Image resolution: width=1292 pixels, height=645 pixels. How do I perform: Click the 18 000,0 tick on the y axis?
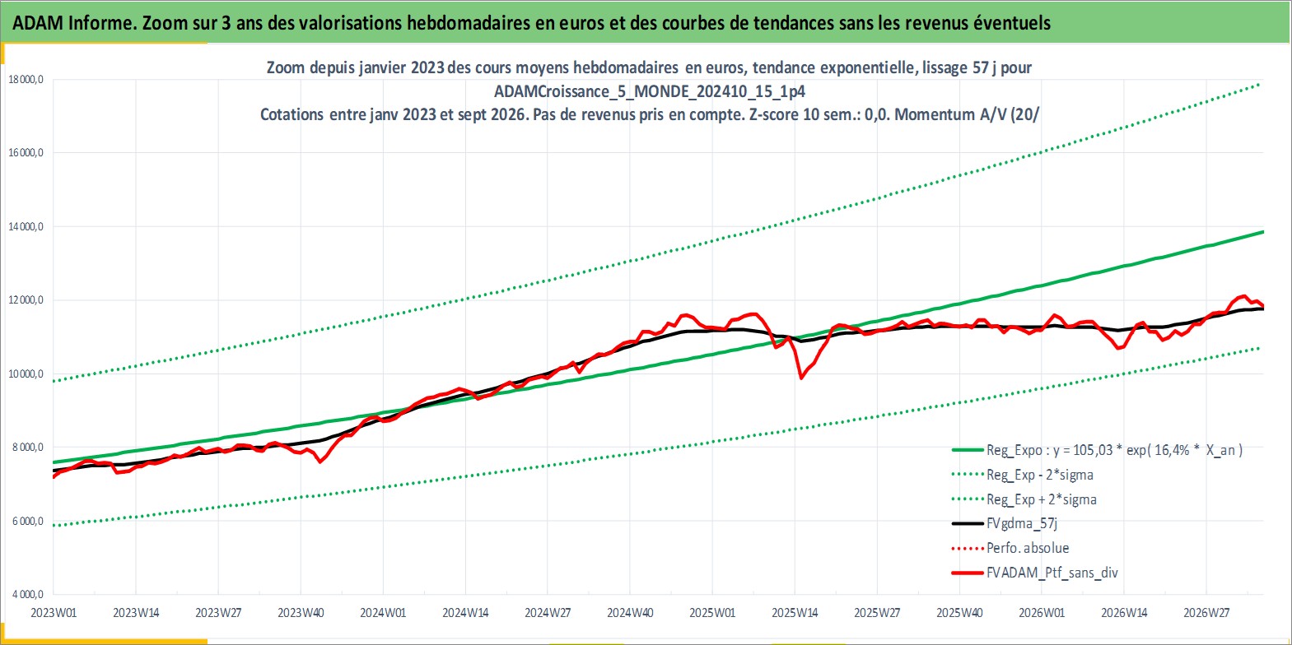coord(26,80)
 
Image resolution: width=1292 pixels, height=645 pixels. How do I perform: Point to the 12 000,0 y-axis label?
coord(26,300)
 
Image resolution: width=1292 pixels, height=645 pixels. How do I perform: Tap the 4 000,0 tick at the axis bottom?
coord(26,594)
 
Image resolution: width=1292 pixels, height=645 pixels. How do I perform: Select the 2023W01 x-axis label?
coord(54,613)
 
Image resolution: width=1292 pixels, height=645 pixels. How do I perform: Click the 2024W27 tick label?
coord(548,613)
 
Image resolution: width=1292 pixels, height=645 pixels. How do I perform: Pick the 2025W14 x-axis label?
coord(795,613)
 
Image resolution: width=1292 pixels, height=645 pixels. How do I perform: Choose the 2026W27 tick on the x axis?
coord(1206,613)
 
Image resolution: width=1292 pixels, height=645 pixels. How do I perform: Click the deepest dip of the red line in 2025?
coord(801,378)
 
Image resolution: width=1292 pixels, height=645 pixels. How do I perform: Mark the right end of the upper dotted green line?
coord(1259,85)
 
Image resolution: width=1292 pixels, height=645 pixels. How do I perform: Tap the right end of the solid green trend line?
coord(1263,232)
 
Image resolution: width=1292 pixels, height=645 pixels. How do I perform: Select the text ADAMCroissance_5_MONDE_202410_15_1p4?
coord(650,91)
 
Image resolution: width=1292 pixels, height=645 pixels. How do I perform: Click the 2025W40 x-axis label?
coord(959,613)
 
